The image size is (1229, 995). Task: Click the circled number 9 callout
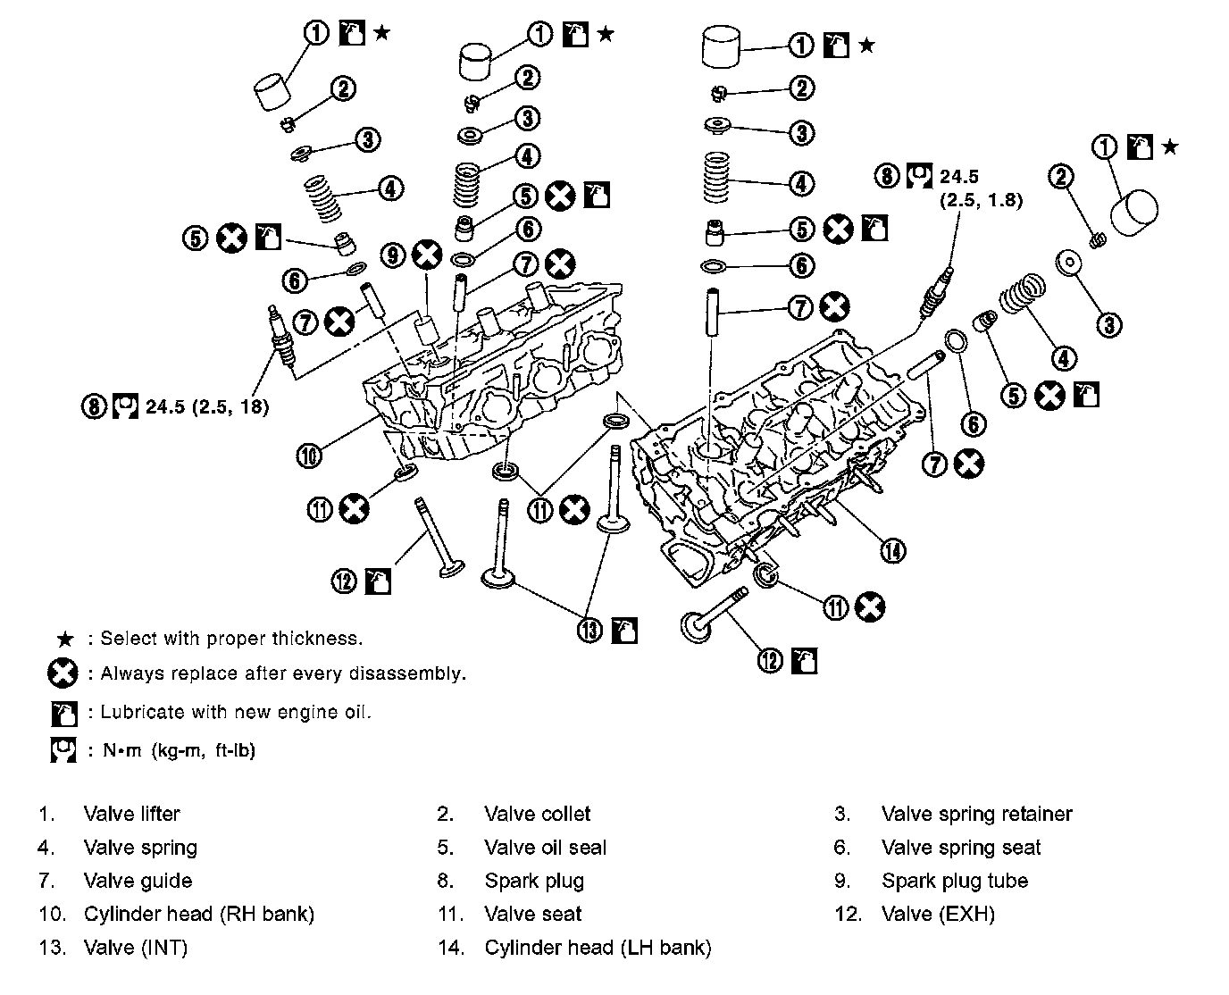pos(393,255)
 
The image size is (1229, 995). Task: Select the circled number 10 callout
pos(308,456)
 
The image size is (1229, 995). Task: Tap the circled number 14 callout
pos(892,550)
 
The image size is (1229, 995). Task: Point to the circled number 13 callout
pos(590,630)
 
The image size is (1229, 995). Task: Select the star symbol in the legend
pos(64,639)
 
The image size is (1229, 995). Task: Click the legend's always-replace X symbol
pos(63,674)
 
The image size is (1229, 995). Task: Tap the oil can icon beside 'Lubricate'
pos(64,713)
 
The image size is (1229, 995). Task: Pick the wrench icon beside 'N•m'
pos(63,750)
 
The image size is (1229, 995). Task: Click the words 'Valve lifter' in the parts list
pos(131,814)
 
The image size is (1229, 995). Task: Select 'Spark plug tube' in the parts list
pos(955,881)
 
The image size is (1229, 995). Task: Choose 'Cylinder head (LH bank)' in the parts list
pos(598,948)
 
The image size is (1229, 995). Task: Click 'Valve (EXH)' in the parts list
pos(938,914)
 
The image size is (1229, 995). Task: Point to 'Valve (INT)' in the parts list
pos(136,948)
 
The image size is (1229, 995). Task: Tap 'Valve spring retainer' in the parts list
pos(976,814)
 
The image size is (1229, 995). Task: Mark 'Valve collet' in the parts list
pos(538,814)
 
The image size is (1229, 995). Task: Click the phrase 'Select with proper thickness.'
pos(231,639)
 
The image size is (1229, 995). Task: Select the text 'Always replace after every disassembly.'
pos(283,673)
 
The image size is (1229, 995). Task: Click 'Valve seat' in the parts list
pos(533,914)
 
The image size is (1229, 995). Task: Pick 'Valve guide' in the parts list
pos(138,881)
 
